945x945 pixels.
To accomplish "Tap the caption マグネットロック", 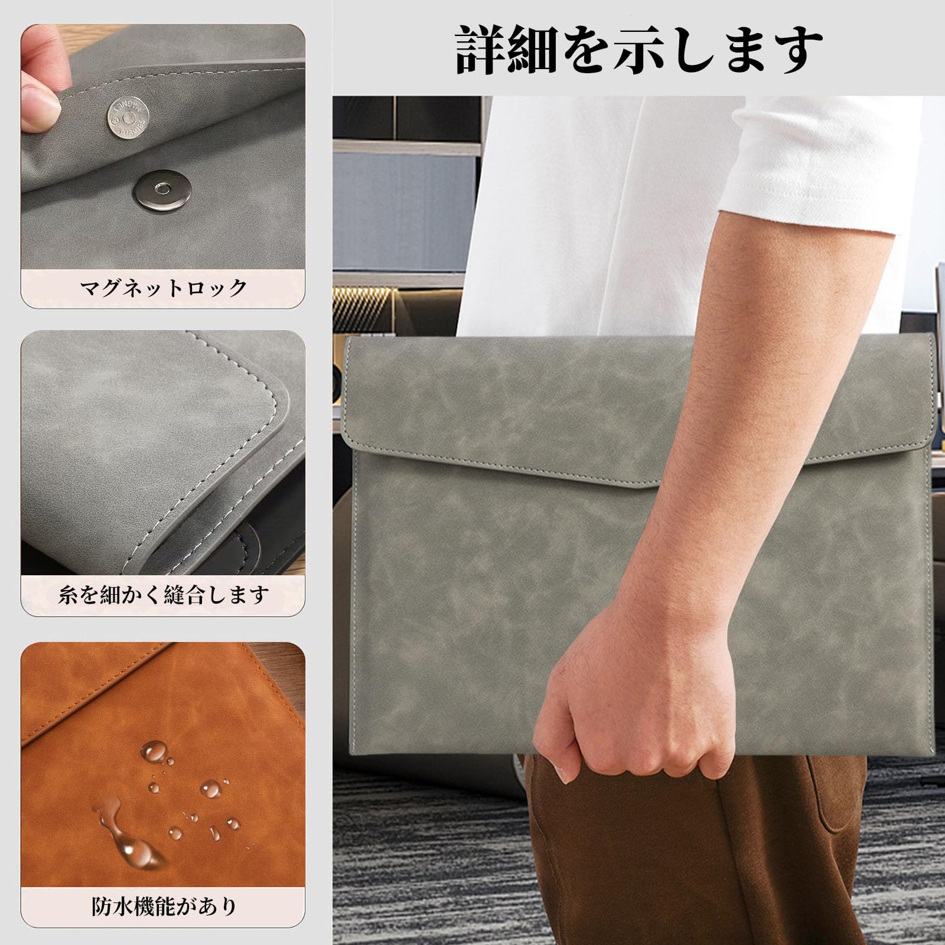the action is coord(163,288).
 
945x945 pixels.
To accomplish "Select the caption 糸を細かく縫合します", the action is coord(164,594).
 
